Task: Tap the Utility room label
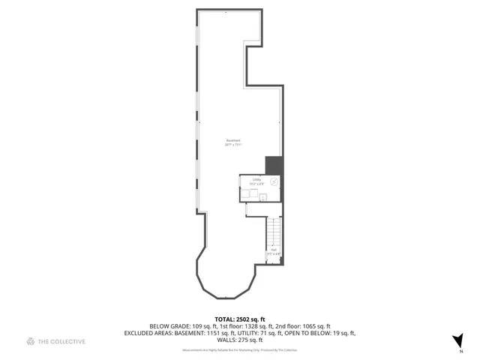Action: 256,179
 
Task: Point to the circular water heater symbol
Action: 274,181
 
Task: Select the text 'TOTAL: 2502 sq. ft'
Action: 240,319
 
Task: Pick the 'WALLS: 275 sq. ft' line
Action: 240,340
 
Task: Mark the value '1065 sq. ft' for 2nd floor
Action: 313,326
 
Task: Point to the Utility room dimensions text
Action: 256,184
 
